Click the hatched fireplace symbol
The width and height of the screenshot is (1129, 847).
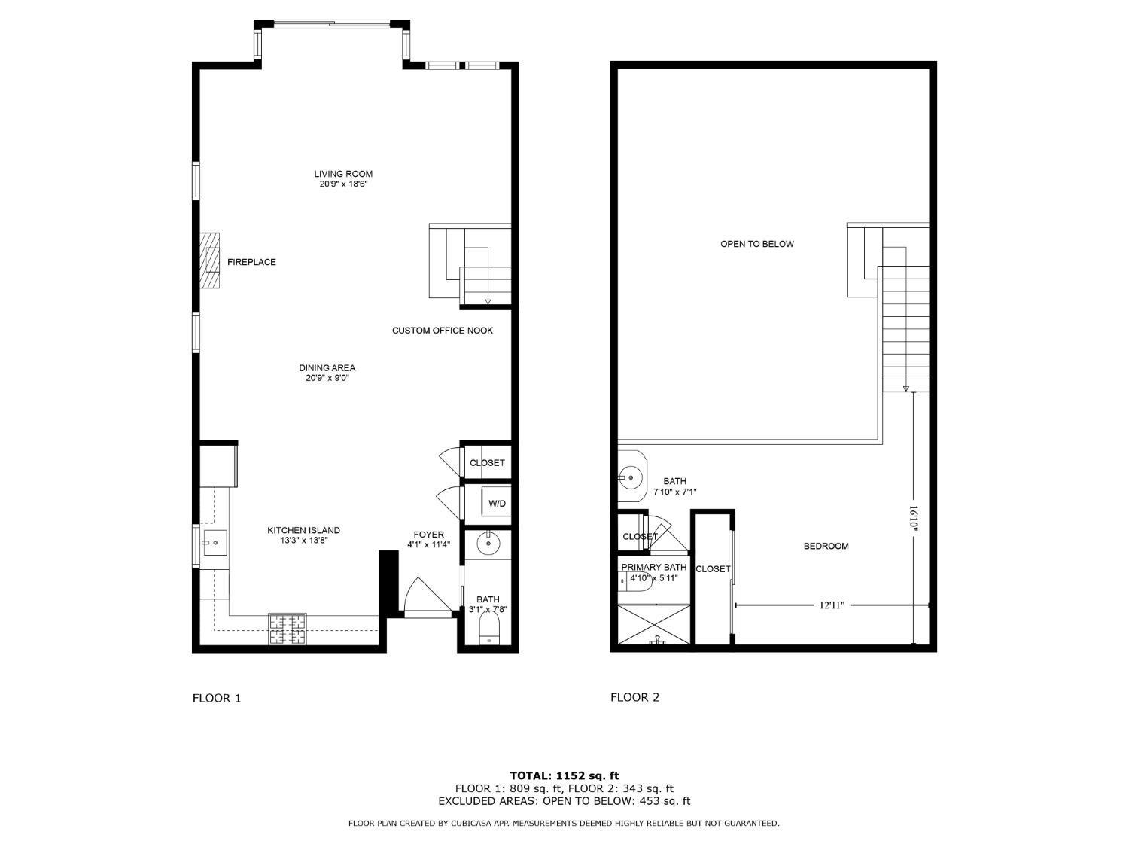(210, 261)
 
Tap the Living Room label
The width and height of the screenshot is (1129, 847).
(343, 174)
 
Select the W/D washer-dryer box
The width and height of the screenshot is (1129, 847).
(497, 503)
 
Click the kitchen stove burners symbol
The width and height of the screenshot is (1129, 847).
(288, 629)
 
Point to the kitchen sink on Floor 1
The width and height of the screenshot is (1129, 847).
(214, 541)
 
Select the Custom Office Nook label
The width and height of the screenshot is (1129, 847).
(443, 331)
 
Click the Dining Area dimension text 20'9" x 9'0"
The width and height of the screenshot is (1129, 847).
(327, 379)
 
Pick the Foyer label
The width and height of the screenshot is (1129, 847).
(429, 535)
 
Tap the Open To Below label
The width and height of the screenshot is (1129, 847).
(756, 244)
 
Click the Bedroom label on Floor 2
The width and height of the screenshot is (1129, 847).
(826, 546)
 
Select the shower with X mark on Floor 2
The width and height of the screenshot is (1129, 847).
(653, 623)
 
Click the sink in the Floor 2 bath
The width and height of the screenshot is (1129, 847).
(629, 476)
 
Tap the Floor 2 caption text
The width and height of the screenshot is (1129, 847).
(634, 697)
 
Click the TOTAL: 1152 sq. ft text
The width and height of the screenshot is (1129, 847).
(564, 775)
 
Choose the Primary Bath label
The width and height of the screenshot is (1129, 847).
(653, 567)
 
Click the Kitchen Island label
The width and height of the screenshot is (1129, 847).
(303, 530)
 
